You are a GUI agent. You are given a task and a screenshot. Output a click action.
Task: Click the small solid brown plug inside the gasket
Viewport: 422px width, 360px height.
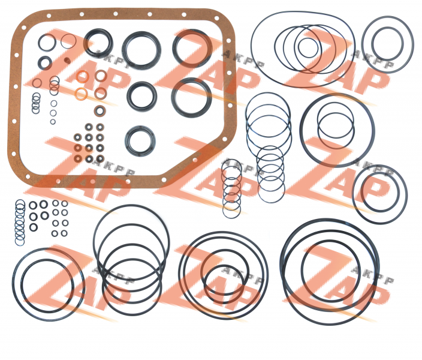click(x=68, y=61)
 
